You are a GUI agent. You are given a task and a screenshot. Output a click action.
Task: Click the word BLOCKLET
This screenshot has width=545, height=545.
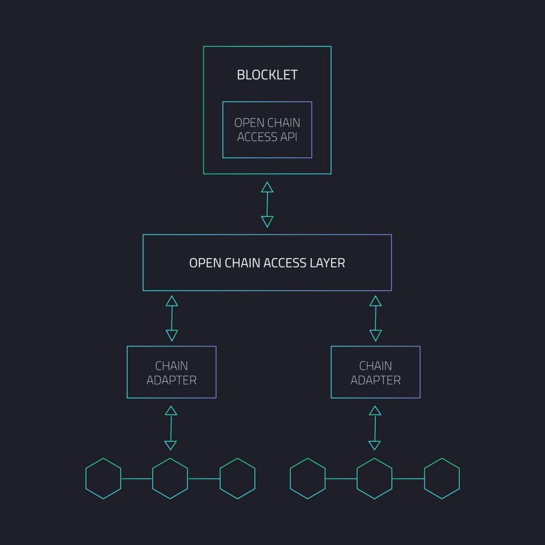click(x=267, y=75)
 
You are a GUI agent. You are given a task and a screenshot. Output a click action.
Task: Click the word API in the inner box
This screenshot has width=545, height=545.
click(x=288, y=137)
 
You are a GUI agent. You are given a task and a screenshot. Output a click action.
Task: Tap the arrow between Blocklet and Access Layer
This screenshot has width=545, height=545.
click(x=267, y=204)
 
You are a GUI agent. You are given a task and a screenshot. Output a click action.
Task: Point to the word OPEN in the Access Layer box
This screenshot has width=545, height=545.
click(x=202, y=263)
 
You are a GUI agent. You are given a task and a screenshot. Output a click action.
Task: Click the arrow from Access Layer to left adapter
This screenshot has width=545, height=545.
click(x=171, y=318)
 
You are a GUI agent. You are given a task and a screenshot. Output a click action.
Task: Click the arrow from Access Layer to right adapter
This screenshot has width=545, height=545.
click(x=375, y=318)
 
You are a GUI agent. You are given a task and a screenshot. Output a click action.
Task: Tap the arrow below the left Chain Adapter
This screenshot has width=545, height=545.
click(x=171, y=428)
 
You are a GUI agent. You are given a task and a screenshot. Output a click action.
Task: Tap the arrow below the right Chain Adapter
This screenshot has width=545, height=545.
click(x=375, y=428)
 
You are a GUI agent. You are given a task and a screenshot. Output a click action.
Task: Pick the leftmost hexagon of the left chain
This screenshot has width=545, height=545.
click(x=103, y=478)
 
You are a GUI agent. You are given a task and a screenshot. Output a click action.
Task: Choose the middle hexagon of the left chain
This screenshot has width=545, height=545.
click(x=170, y=478)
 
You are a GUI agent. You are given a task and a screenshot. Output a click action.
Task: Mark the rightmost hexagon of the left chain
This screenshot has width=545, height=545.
click(x=237, y=478)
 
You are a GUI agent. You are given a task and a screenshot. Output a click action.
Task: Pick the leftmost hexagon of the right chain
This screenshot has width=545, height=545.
click(x=308, y=478)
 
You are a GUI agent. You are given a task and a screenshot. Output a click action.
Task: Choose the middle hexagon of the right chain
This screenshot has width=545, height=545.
click(x=375, y=478)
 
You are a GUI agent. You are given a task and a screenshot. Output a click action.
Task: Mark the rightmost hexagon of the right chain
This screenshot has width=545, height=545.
click(x=442, y=478)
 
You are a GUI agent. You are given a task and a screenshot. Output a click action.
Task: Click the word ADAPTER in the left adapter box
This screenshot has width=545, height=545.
click(x=171, y=381)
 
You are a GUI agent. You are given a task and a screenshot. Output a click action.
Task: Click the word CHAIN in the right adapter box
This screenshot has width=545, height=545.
click(x=375, y=366)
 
